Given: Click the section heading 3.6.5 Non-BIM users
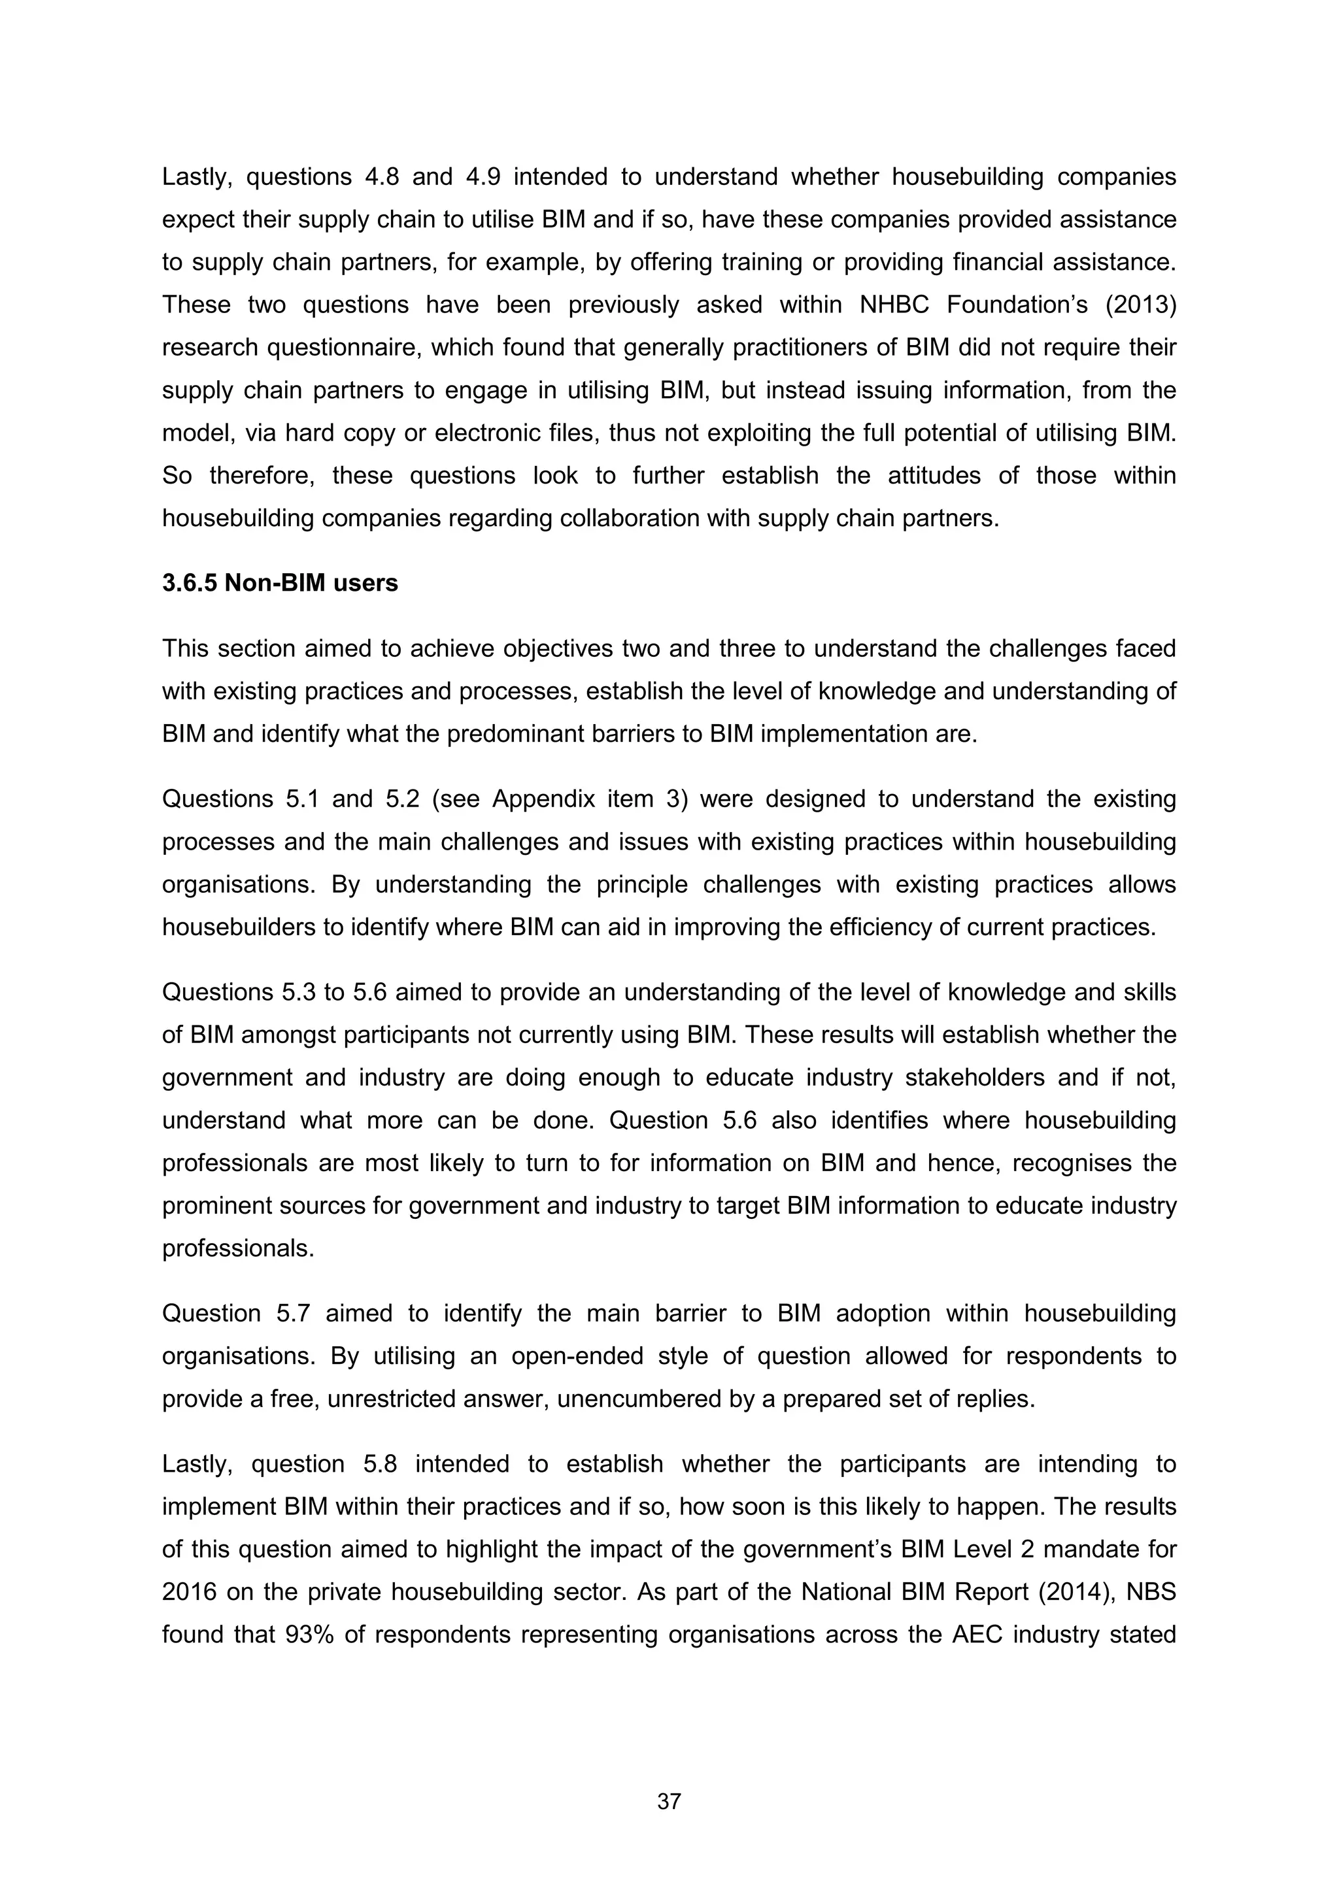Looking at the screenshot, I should pos(280,583).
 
